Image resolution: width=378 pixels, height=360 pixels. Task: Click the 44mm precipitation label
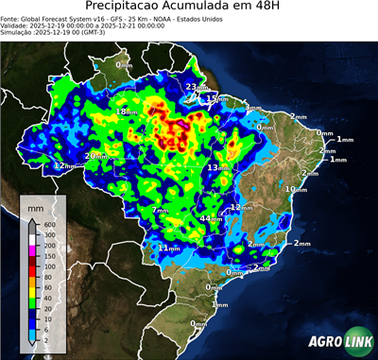[x=209, y=219]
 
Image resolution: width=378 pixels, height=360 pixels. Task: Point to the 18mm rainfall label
[x=125, y=111]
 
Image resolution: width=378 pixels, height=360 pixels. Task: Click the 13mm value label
[x=217, y=167]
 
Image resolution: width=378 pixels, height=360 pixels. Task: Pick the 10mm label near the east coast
[x=296, y=189]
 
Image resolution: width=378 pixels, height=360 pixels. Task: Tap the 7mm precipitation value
[x=161, y=209]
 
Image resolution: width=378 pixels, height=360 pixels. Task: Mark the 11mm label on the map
[x=167, y=248]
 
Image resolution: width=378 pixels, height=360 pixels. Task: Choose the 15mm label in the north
[x=215, y=98]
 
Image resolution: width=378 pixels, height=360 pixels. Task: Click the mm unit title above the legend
[x=35, y=205]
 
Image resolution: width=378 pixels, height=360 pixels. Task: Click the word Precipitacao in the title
[x=124, y=9]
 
